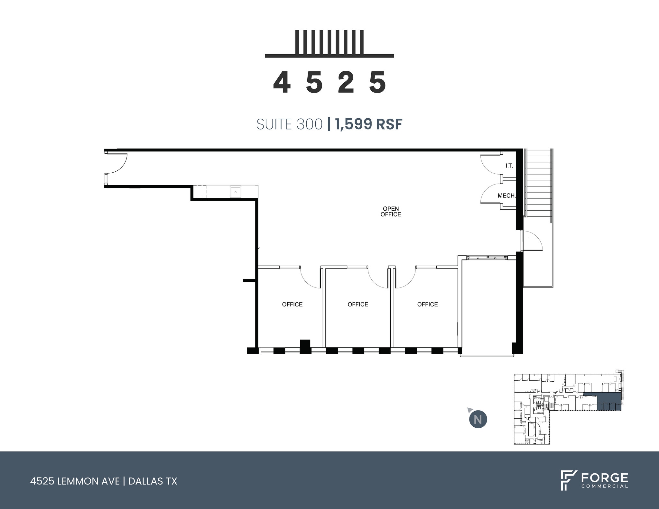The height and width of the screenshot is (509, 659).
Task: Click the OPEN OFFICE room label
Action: point(391,212)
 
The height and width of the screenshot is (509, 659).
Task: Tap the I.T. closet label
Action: point(509,166)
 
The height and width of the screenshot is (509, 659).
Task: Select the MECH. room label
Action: point(506,195)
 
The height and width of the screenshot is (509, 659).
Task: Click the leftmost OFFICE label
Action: point(292,304)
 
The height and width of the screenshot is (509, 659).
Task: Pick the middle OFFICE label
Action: point(358,304)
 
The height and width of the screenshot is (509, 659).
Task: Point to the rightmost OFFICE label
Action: point(427,304)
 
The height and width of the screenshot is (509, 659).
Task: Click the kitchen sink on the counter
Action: point(236,192)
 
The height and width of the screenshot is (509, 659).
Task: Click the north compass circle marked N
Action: point(478,420)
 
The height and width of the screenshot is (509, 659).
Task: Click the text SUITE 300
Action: point(289,124)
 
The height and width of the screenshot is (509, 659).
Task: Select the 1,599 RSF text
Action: point(369,124)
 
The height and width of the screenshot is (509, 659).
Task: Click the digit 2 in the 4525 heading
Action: point(346,83)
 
